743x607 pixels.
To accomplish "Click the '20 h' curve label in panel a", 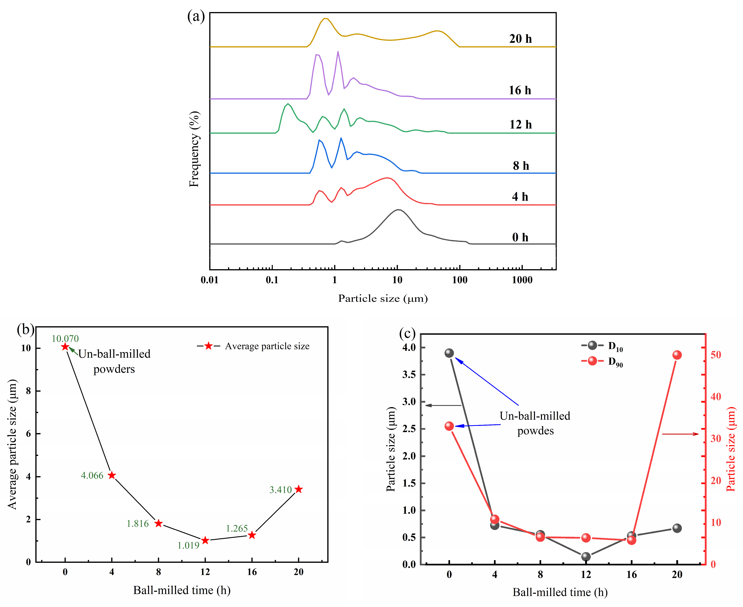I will (x=520, y=39).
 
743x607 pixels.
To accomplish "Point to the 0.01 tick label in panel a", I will (x=209, y=280).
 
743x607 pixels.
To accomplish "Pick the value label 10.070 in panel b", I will (x=65, y=338).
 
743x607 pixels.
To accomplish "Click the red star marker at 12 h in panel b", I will (x=205, y=540).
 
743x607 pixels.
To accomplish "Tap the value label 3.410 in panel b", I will (x=280, y=490).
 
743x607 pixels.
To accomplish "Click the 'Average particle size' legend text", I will (x=267, y=346).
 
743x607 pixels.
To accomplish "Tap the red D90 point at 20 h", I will (x=677, y=355).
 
